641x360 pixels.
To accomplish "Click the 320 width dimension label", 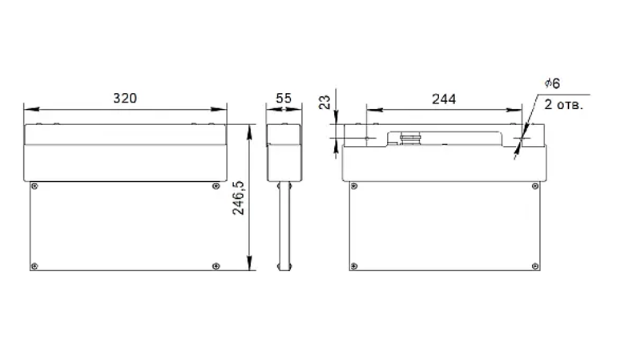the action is point(125,98).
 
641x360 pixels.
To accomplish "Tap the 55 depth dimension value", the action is point(284,98).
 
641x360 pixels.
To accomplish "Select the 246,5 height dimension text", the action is point(238,198).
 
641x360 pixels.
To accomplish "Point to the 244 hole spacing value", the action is point(444,99).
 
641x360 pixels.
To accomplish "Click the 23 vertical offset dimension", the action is point(325,103).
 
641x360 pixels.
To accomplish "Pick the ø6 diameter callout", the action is point(552,83).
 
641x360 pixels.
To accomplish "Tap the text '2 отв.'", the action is point(564,105).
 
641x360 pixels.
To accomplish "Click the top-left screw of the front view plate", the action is point(34,186).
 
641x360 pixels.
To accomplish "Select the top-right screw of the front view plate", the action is point(216,186).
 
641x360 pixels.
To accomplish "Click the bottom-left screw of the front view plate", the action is point(34,266).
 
